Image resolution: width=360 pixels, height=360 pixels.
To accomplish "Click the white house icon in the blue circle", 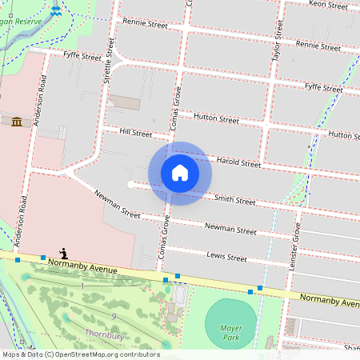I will (180, 172).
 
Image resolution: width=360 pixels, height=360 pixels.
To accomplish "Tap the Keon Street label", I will (327, 5).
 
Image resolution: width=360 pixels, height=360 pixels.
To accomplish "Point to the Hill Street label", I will (135, 133).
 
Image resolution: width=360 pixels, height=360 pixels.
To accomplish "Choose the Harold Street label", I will (238, 162).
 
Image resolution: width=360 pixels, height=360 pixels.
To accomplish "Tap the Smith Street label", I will (234, 200).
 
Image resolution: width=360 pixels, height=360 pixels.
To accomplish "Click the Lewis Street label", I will (226, 258).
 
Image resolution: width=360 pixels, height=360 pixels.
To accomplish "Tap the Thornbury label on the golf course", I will (104, 335).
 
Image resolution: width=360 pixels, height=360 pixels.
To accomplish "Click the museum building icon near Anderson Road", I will (16, 121).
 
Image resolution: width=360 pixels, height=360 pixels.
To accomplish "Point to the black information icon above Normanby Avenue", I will (63, 253).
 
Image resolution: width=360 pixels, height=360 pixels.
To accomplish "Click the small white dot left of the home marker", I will (130, 185).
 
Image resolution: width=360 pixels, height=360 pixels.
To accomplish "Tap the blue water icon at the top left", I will (55, 11).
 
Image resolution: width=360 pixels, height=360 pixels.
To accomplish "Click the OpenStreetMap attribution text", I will (80, 354).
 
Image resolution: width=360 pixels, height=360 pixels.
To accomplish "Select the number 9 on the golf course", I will (114, 318).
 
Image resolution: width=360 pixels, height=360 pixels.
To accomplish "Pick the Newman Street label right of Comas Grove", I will (230, 229).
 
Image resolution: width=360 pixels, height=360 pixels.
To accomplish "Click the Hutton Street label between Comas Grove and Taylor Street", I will (217, 118).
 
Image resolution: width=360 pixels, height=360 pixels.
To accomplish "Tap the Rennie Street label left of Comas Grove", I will (144, 23).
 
